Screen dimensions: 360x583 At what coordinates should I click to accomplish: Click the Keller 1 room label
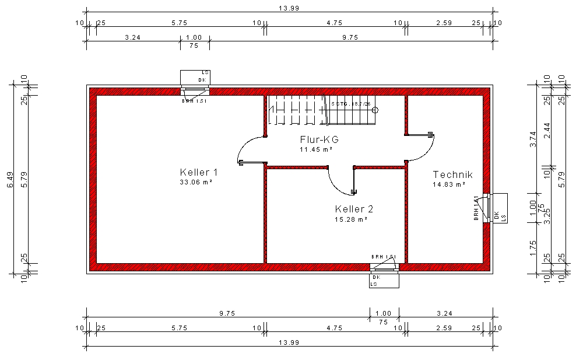click(x=198, y=172)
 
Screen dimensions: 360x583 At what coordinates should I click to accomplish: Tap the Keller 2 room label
click(x=354, y=209)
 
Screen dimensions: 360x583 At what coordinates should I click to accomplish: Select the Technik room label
click(x=452, y=174)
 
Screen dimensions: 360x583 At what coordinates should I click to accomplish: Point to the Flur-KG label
click(x=319, y=139)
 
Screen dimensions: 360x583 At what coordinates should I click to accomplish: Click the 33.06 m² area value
click(x=196, y=182)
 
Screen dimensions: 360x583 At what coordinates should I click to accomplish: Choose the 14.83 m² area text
click(x=449, y=184)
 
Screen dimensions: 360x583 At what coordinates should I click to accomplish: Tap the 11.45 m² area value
click(x=316, y=149)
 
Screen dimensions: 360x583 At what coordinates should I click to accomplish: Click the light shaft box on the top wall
click(x=195, y=77)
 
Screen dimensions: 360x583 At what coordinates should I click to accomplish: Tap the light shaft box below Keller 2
click(x=384, y=280)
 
